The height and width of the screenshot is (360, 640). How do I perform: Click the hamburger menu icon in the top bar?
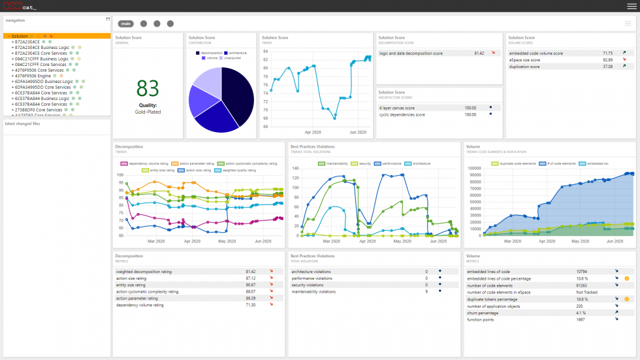tap(632, 6)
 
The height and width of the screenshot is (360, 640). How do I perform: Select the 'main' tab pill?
tap(126, 24)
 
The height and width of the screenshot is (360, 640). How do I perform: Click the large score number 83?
tap(148, 89)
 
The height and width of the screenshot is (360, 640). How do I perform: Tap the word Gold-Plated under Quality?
tap(148, 112)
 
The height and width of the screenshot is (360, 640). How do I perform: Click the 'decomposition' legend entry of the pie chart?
tap(212, 52)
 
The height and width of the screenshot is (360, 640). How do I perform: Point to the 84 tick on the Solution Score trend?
tap(266, 51)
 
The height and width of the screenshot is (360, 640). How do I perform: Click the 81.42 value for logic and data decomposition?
tap(479, 53)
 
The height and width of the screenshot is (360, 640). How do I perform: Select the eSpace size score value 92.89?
tap(607, 59)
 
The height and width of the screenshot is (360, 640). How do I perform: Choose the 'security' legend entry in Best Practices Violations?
tap(364, 163)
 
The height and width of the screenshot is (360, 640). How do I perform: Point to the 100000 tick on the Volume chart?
tap(475, 168)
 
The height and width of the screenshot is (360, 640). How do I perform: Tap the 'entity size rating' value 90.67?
tap(251, 285)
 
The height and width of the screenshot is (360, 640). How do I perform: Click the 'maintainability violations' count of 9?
tap(426, 291)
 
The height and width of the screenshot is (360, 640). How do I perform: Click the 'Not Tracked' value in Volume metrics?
tap(586, 292)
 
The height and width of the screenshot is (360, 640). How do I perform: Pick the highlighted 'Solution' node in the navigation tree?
tap(20, 36)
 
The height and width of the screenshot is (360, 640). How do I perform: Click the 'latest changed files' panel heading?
tap(22, 123)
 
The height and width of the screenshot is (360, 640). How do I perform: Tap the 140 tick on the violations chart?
tap(295, 168)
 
